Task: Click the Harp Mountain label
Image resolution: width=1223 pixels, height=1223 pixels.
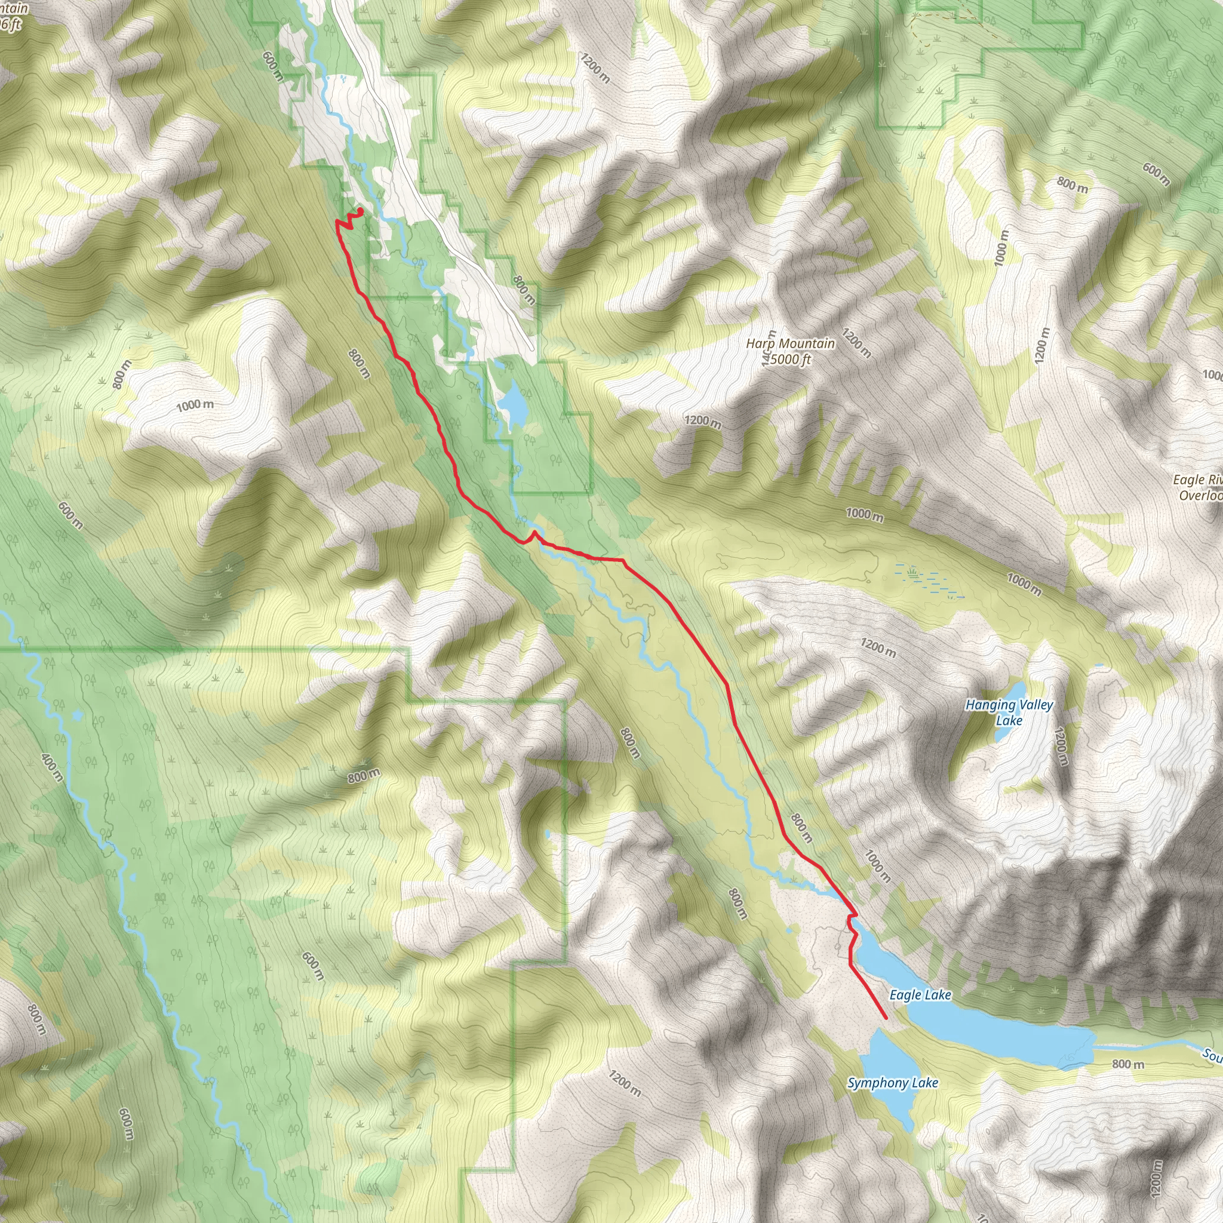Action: click(790, 344)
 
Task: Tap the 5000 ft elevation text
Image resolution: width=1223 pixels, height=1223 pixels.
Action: click(791, 360)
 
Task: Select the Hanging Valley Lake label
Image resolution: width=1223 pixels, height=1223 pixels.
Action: click(1009, 712)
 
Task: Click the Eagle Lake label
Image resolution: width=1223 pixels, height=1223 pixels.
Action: click(920, 995)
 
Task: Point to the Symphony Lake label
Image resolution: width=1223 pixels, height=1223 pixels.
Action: click(893, 1083)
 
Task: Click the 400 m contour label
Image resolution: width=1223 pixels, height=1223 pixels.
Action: click(52, 767)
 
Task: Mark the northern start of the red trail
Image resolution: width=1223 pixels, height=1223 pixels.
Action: click(360, 211)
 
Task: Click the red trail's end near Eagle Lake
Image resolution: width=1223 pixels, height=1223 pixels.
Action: click(885, 1018)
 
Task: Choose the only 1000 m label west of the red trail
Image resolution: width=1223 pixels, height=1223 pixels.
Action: click(195, 404)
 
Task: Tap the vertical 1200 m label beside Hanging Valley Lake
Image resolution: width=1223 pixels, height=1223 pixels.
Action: click(1061, 747)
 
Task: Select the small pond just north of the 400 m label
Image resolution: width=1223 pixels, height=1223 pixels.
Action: click(77, 715)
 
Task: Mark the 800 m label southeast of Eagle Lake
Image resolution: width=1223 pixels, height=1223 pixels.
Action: click(1128, 1064)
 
